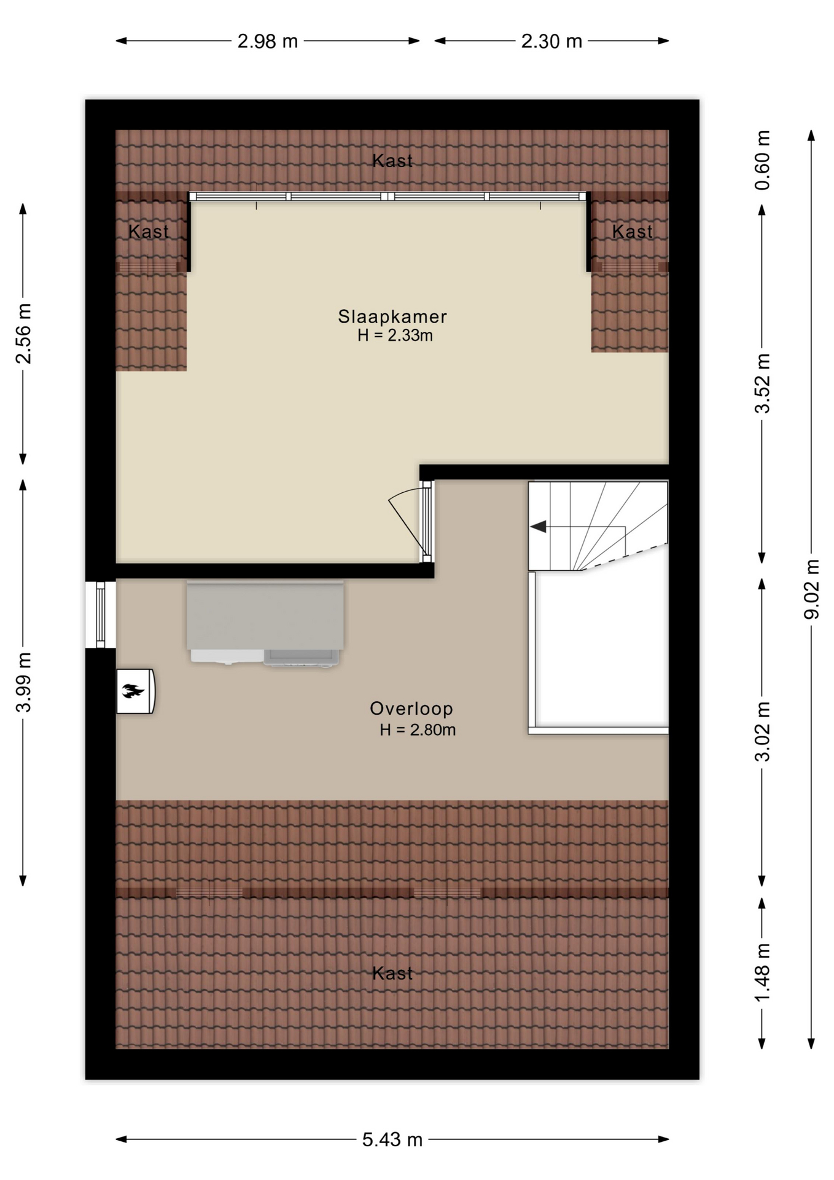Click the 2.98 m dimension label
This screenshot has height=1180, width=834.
pyautogui.click(x=268, y=41)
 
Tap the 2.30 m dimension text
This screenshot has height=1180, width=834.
pyautogui.click(x=551, y=41)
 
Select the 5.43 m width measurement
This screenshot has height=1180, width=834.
pyautogui.click(x=392, y=1140)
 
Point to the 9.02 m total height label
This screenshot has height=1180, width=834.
pyautogui.click(x=812, y=589)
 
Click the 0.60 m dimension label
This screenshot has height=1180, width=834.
pyautogui.click(x=762, y=160)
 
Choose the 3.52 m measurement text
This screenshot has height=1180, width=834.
pyautogui.click(x=762, y=383)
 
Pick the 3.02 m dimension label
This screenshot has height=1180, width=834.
pyautogui.click(x=762, y=731)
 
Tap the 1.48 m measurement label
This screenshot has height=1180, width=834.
pyautogui.click(x=762, y=972)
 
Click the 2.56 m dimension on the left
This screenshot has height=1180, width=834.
pyautogui.click(x=23, y=334)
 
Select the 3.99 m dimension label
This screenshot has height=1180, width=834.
pyautogui.click(x=23, y=682)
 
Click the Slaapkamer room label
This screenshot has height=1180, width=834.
pyautogui.click(x=392, y=317)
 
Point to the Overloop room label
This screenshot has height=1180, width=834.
pyautogui.click(x=411, y=709)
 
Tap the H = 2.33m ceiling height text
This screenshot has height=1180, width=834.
pyautogui.click(x=396, y=336)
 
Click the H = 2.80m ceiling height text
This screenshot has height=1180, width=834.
pyautogui.click(x=418, y=730)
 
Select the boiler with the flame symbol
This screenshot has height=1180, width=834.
pyautogui.click(x=136, y=691)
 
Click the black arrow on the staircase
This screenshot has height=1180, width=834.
pyautogui.click(x=538, y=527)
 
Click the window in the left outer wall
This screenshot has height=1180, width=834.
pyautogui.click(x=101, y=614)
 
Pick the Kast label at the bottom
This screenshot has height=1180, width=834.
pyautogui.click(x=392, y=974)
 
